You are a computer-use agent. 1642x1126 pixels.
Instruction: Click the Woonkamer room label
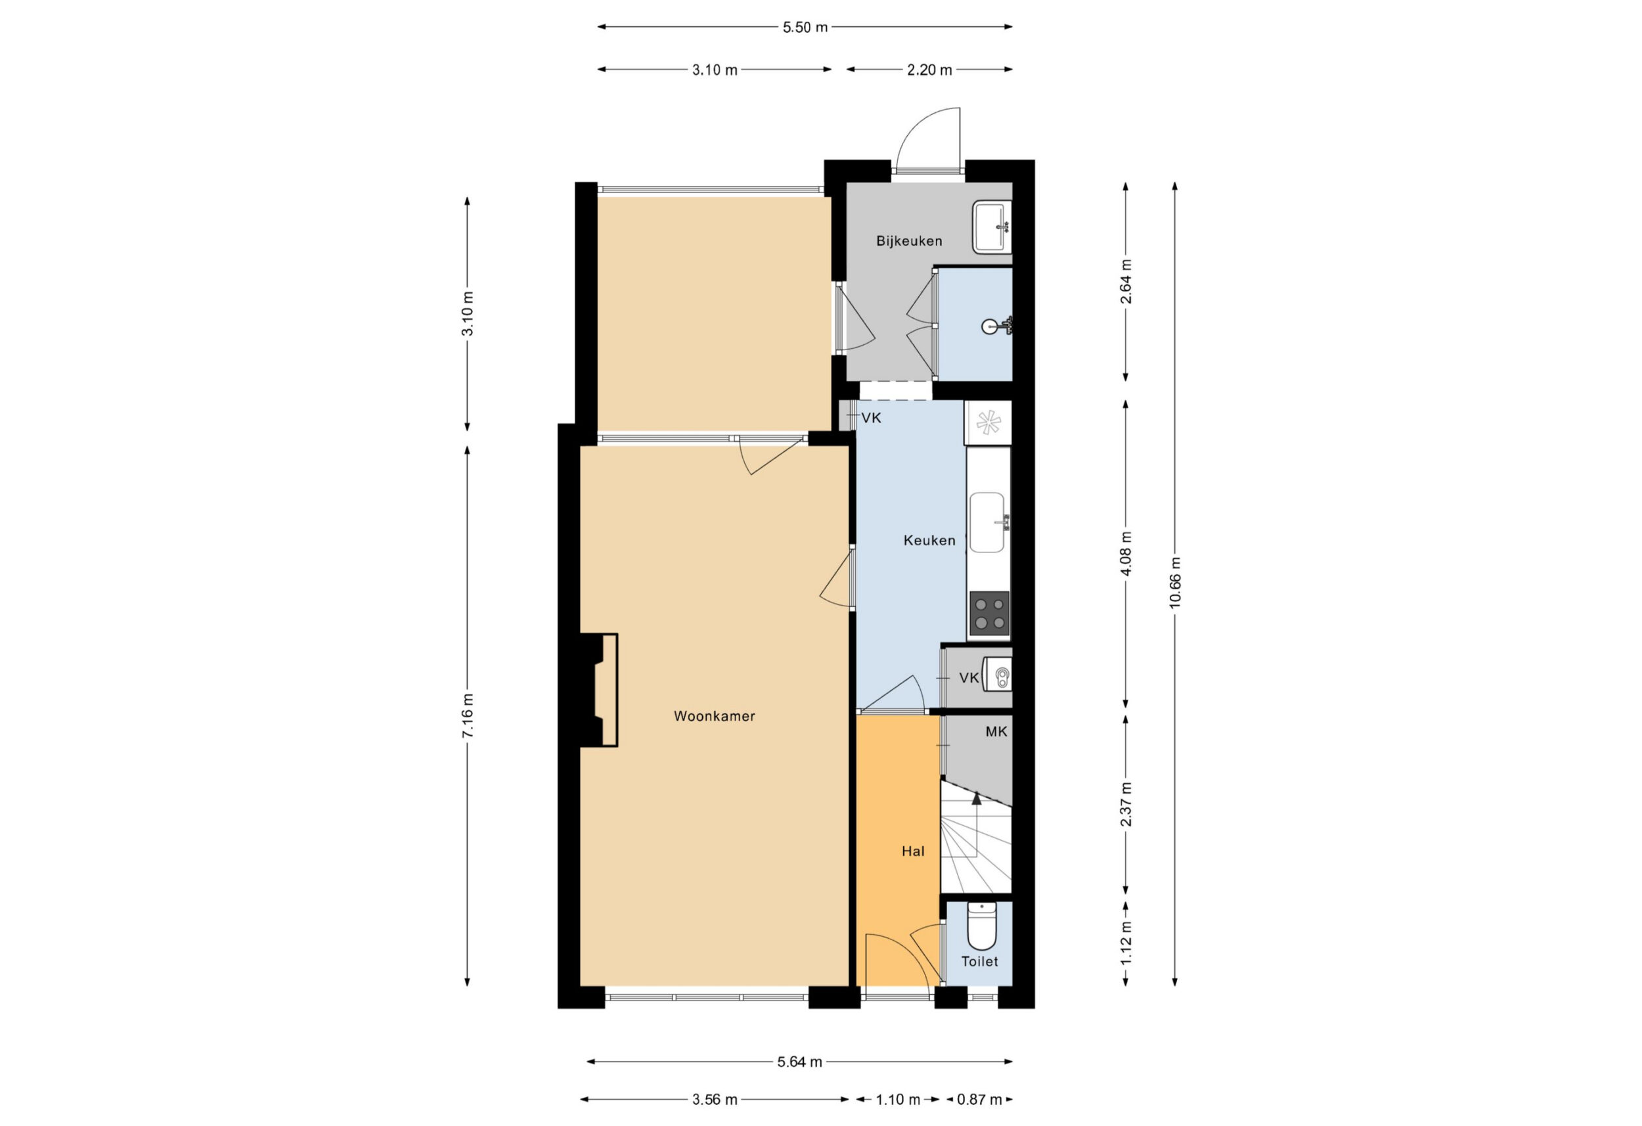[x=715, y=716]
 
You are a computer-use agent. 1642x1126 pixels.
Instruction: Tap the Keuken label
[x=929, y=541]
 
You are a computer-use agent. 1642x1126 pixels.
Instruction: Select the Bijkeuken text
[x=909, y=241]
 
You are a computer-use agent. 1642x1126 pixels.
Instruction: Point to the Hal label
[x=913, y=852]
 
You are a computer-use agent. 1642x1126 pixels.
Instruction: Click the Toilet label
[x=980, y=961]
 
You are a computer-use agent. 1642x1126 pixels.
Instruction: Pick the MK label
[x=996, y=732]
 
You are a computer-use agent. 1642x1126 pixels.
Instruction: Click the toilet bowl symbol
[x=981, y=926]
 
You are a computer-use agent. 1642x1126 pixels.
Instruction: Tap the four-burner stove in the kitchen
[x=989, y=614]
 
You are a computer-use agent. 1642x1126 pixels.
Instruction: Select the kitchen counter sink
[x=988, y=522]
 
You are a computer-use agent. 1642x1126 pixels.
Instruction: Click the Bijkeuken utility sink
[x=992, y=227]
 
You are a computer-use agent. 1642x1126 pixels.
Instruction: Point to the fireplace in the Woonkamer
[x=598, y=690]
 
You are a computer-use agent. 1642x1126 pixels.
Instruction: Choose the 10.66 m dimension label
[x=1174, y=583]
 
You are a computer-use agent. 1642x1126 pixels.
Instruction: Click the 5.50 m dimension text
[x=805, y=28]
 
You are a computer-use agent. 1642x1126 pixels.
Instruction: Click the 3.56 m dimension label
[x=715, y=1099]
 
